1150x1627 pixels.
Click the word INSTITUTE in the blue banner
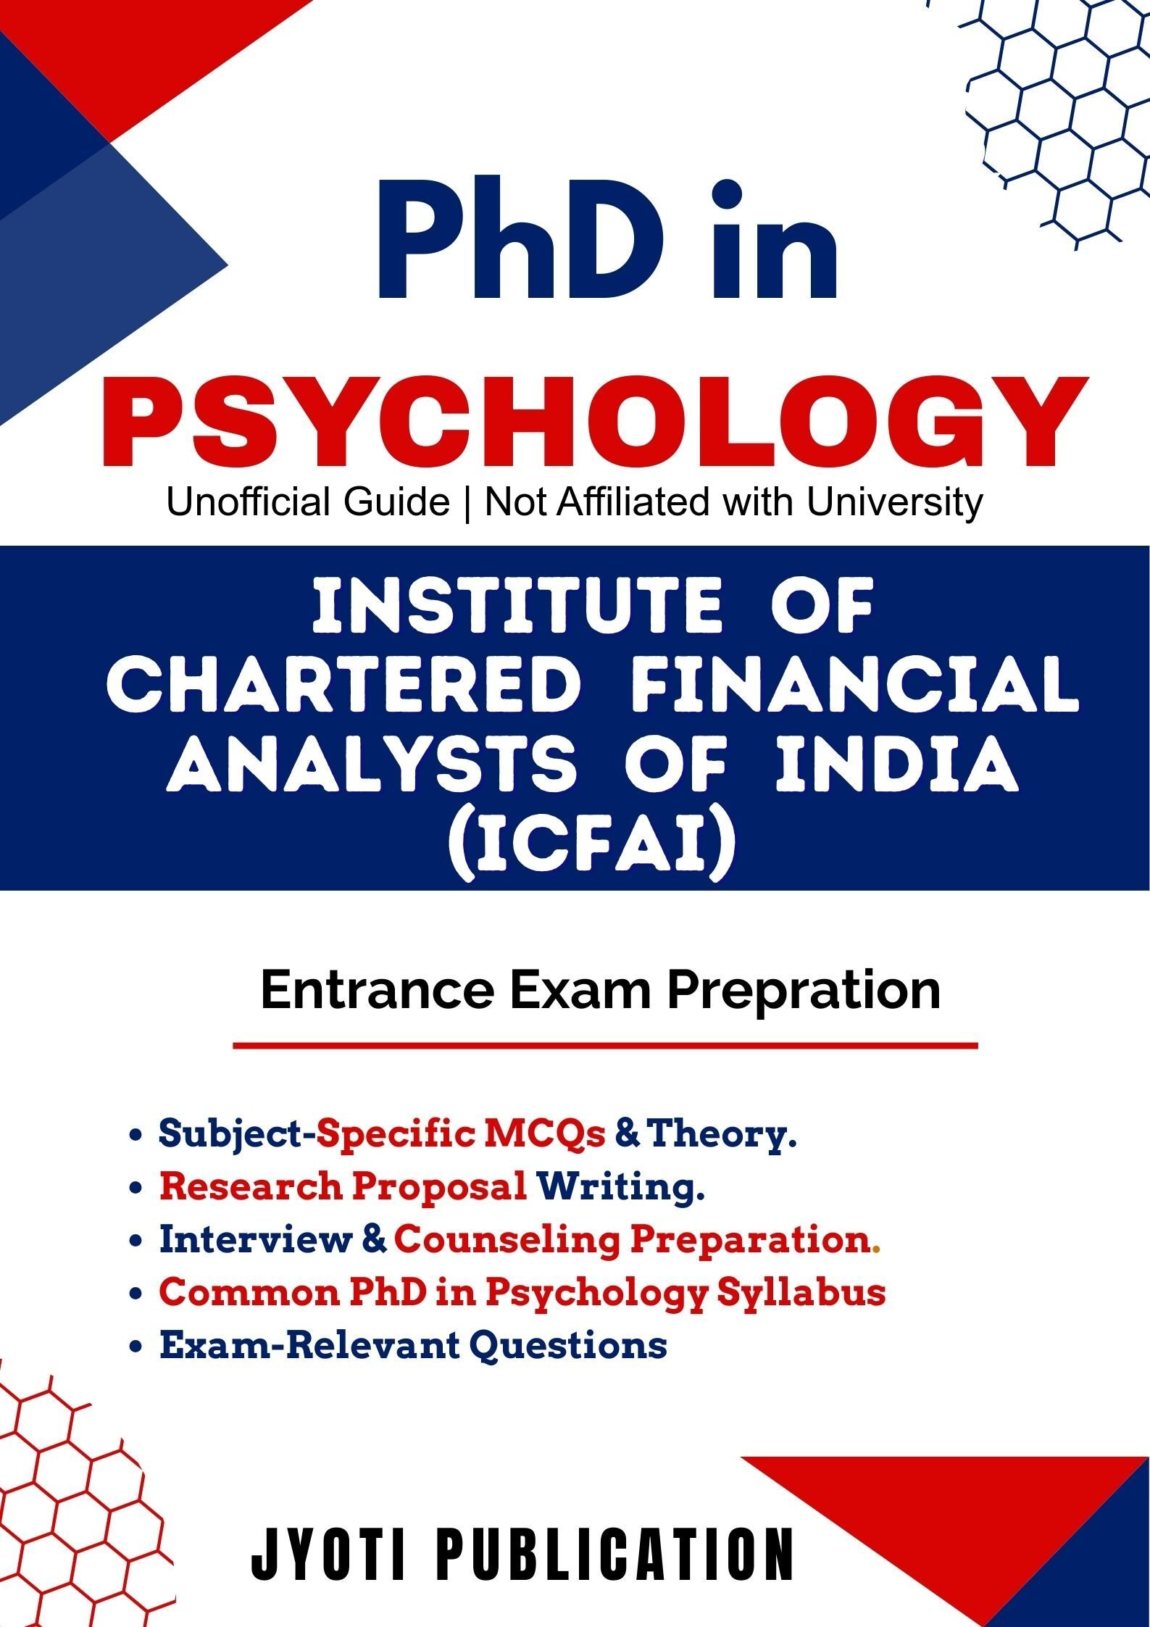pos(517,607)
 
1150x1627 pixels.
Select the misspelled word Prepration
pos(804,991)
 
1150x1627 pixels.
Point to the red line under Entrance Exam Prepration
pos(605,1046)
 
